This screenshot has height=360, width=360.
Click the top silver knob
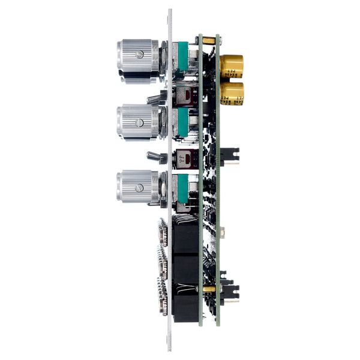[139, 59]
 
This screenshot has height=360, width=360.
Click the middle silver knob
[139, 122]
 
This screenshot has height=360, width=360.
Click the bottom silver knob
[139, 187]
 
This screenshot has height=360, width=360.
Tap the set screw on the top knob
[140, 54]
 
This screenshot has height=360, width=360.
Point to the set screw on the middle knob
[140, 123]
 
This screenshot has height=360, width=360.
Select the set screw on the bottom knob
[140, 187]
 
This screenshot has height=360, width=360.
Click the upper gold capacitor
[231, 66]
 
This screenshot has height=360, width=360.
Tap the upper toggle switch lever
[154, 97]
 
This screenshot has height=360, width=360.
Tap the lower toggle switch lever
[154, 157]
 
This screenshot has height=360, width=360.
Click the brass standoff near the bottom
[209, 289]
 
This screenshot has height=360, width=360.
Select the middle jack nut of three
[163, 264]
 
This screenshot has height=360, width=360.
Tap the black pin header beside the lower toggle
[230, 157]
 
